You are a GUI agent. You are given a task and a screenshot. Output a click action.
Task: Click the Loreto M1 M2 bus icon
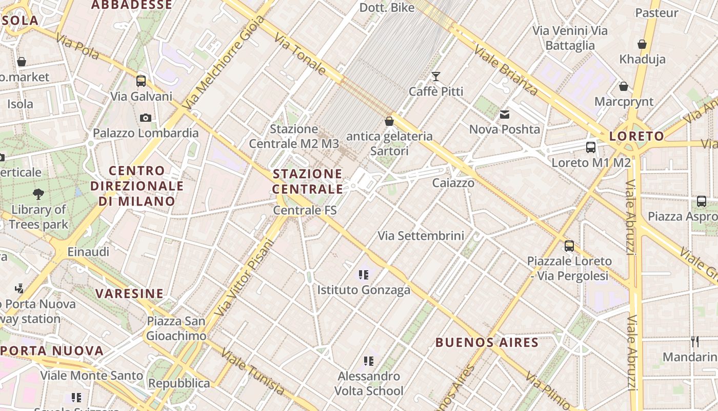[x=591, y=147]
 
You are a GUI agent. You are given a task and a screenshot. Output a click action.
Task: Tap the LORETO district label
[x=636, y=136]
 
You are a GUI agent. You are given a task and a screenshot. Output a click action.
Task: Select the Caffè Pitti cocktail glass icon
[x=436, y=77]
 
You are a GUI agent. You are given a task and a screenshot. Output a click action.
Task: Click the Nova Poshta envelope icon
[x=505, y=114]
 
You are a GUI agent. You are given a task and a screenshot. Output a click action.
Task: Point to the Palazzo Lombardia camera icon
[x=146, y=118]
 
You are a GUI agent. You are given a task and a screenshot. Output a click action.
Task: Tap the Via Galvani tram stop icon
[x=141, y=81]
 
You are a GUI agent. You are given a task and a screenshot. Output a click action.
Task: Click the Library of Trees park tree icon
[x=38, y=194]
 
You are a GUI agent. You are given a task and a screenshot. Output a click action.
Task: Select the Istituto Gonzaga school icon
[x=364, y=275]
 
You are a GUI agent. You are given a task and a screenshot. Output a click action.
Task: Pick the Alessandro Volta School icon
[x=369, y=361]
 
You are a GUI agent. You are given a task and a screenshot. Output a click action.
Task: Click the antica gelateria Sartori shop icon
[x=389, y=121]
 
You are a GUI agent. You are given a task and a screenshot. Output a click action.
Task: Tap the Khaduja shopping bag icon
[x=642, y=44]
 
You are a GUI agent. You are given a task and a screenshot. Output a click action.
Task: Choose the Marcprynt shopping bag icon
[x=624, y=86]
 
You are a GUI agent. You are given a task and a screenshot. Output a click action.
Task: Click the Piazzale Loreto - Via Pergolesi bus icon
[x=569, y=246]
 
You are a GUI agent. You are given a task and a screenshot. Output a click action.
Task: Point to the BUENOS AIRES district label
[x=487, y=343]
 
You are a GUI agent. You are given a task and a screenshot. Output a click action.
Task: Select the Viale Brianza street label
[x=506, y=70]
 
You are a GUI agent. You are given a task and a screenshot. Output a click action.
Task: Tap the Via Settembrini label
[x=421, y=236]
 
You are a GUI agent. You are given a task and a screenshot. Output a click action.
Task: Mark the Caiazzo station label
[x=453, y=183]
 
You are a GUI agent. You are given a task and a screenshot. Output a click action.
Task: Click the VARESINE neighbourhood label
[x=130, y=294]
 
